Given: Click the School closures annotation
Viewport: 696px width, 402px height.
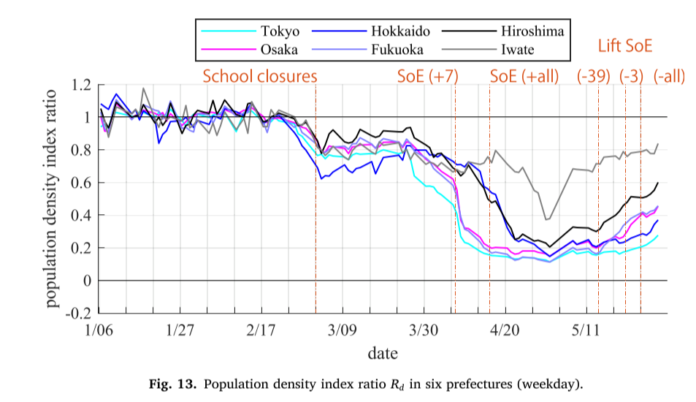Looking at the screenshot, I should [260, 76].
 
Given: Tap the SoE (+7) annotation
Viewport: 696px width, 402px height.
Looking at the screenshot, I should [427, 76].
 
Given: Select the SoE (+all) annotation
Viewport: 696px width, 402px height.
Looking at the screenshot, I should [524, 76].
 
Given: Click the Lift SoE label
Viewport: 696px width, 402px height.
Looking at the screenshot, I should [624, 47].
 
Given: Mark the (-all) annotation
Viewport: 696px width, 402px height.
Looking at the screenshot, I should [669, 76].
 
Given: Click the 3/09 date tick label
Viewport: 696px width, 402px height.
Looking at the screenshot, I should [342, 330].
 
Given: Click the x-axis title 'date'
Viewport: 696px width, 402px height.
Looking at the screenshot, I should [383, 354].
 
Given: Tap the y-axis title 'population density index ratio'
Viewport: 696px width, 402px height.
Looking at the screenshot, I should [53, 199].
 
